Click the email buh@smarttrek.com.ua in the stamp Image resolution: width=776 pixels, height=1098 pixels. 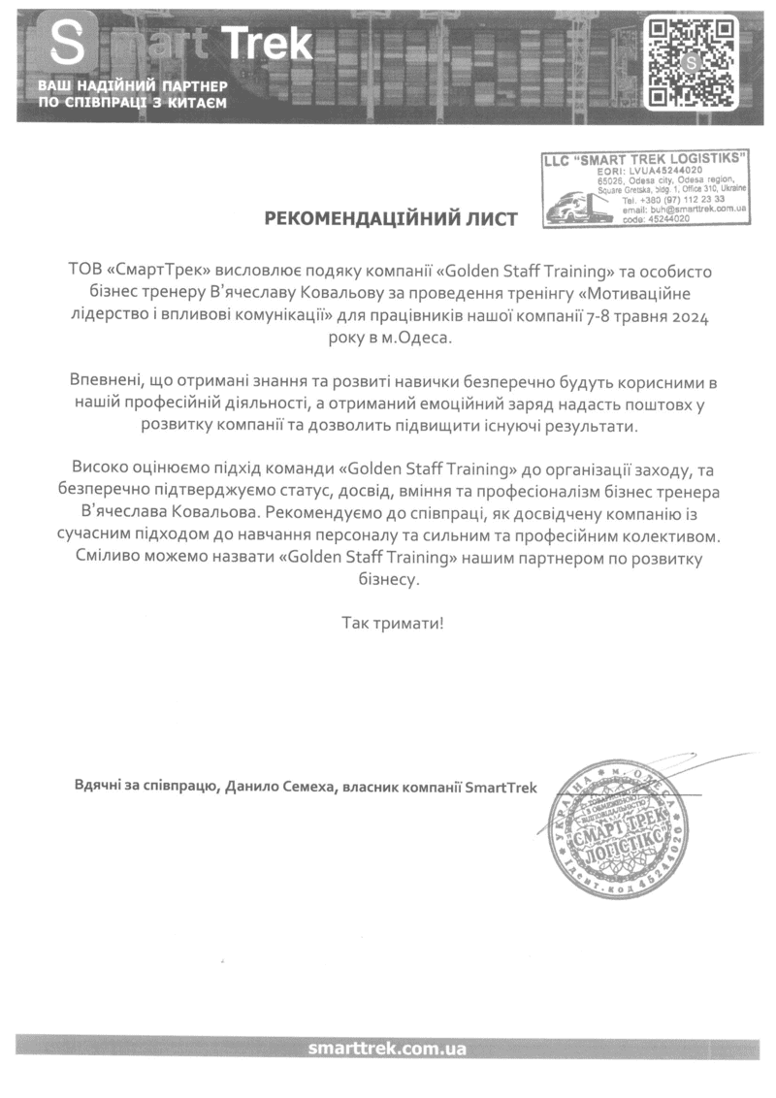pyautogui.click(x=683, y=210)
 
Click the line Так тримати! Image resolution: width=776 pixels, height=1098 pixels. pyautogui.click(x=391, y=621)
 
